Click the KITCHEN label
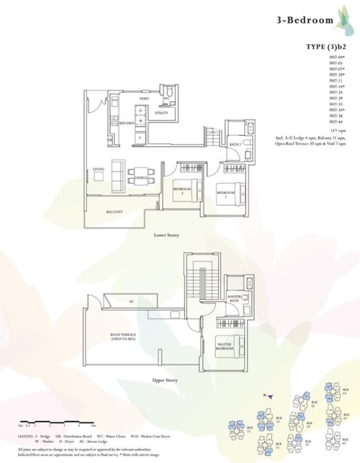pos(126,123)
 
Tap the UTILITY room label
pos(161,113)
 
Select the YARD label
pos(144,98)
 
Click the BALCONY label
pos(115,211)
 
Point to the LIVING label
pos(99,169)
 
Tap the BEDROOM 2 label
pos(225,195)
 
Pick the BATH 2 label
pos(235,144)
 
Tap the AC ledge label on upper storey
pos(131,301)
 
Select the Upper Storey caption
pos(165,380)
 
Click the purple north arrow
pos(271,396)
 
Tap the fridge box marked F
pos(140,137)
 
